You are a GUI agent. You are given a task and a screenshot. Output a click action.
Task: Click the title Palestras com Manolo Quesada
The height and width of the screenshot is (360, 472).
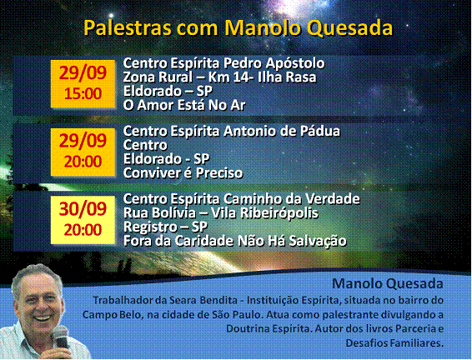tap(239, 28)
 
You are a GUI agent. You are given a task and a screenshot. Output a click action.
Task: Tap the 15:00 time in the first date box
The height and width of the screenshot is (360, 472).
tap(83, 94)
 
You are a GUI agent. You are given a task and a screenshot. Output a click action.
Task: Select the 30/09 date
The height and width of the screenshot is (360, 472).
tap(83, 208)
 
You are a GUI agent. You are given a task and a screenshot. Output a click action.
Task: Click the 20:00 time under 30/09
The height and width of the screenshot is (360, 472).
tap(83, 230)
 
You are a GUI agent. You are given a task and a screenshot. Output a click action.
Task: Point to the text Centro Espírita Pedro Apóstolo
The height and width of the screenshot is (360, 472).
tap(223, 63)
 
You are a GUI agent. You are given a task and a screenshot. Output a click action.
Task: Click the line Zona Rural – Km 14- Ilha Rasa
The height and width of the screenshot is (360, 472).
tap(220, 77)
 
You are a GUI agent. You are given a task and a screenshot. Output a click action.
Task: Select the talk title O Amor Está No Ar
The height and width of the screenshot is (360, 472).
tap(184, 105)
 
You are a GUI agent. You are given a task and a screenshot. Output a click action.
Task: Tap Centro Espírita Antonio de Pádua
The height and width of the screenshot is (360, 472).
tap(232, 131)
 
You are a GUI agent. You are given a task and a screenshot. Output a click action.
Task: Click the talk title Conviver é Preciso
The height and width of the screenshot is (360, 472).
tap(183, 173)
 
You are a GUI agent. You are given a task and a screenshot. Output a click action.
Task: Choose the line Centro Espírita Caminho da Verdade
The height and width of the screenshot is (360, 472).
tap(241, 199)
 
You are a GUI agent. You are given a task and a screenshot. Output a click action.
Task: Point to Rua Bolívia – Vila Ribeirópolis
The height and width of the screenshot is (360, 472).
tap(221, 213)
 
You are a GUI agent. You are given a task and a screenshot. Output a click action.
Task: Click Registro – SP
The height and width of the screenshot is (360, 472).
tap(165, 227)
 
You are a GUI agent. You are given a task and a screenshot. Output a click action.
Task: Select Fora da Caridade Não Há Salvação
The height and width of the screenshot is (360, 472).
tap(235, 241)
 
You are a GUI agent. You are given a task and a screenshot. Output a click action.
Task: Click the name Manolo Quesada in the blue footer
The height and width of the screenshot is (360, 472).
tap(388, 283)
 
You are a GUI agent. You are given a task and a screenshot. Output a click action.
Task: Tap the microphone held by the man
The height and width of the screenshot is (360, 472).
tap(61, 337)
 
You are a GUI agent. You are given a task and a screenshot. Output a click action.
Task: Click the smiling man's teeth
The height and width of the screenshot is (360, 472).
tap(43, 317)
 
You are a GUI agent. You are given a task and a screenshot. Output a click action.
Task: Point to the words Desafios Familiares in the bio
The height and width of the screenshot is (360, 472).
tap(394, 342)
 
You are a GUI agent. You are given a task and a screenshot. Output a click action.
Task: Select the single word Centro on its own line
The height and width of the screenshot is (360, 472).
tap(145, 145)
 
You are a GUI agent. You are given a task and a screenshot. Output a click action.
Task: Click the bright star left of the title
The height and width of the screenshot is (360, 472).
tap(111, 15)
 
